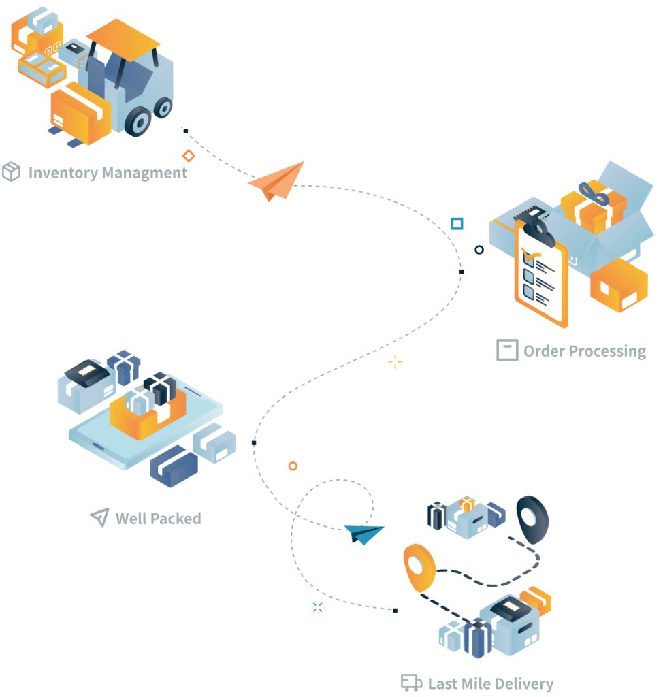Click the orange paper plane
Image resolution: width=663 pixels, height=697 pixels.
[276, 181]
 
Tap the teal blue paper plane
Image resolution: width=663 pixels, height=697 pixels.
[363, 534]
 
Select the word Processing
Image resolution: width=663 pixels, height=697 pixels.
[607, 351]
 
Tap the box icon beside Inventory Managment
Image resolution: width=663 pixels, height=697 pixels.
[11, 172]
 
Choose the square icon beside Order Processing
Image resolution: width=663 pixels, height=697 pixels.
[506, 350]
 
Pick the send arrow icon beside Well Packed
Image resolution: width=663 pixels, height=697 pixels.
[99, 517]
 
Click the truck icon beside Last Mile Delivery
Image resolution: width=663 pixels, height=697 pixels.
[410, 683]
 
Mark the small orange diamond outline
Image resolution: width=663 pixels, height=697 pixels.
[189, 156]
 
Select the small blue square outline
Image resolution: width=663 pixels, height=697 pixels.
[457, 223]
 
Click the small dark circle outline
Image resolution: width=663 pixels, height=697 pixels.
[479, 250]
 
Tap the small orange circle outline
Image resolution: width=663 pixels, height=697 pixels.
[293, 466]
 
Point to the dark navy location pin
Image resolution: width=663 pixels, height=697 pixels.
[532, 517]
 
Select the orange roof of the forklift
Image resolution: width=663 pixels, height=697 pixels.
[123, 37]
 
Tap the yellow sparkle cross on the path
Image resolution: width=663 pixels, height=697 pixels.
[395, 362]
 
